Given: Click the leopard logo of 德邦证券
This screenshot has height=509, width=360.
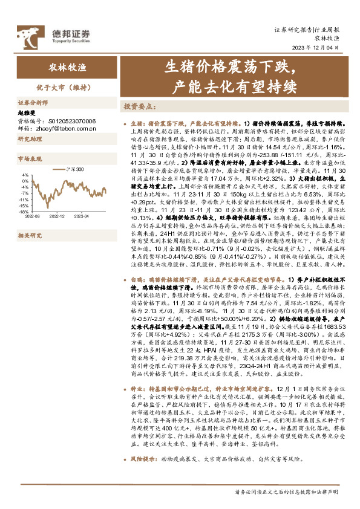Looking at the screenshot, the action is pyautogui.click(x=27, y=31).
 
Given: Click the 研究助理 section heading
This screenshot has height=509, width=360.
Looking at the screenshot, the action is pyautogui.click(x=30, y=140).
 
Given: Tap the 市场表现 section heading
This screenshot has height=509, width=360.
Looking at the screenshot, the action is pyautogui.click(x=30, y=160).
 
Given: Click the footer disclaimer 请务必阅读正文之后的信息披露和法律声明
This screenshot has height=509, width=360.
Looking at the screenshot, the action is pyautogui.click(x=287, y=491).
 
